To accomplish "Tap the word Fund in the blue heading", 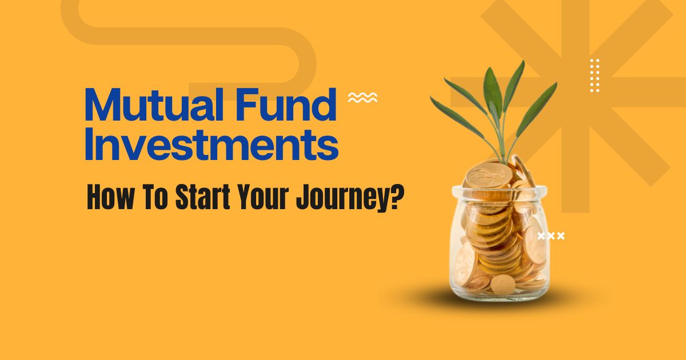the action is pyautogui.click(x=286, y=104).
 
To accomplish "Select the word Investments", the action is pyautogui.click(x=212, y=144).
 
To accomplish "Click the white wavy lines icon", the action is pyautogui.click(x=362, y=97).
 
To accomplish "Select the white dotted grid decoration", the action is pyautogui.click(x=595, y=75).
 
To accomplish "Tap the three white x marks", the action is pyautogui.click(x=551, y=236).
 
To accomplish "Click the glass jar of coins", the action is pyautogui.click(x=499, y=242).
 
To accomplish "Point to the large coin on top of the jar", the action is pyautogui.click(x=489, y=175).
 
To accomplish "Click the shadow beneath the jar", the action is pyautogui.click(x=499, y=298).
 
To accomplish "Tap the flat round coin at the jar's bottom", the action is pyautogui.click(x=503, y=285).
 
